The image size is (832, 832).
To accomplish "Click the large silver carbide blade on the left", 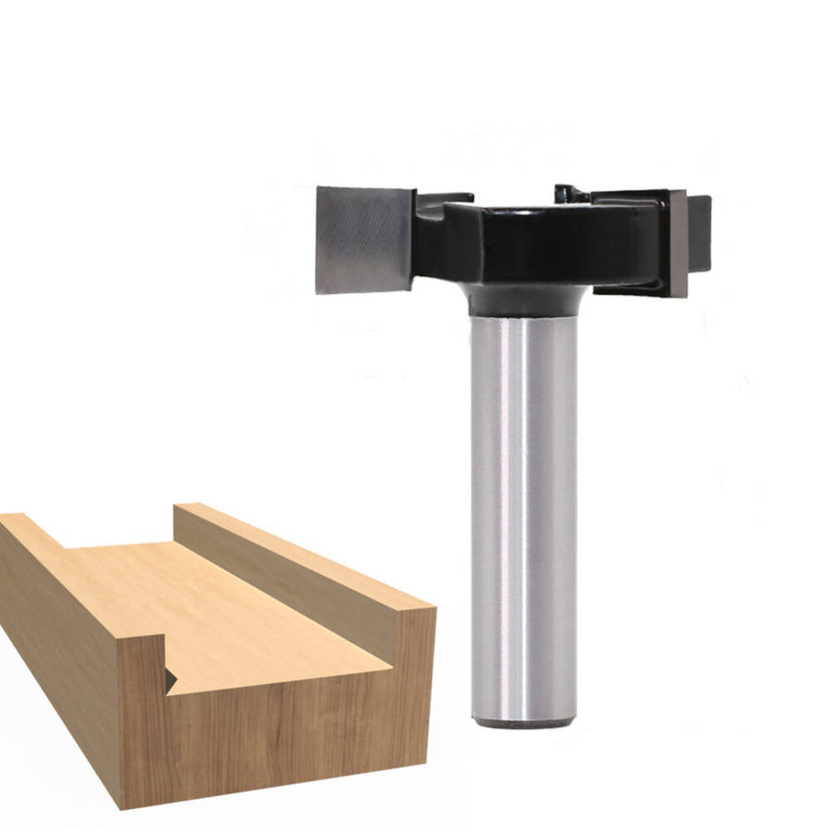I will click(x=363, y=239).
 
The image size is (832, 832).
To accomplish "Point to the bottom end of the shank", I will click(x=523, y=722).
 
